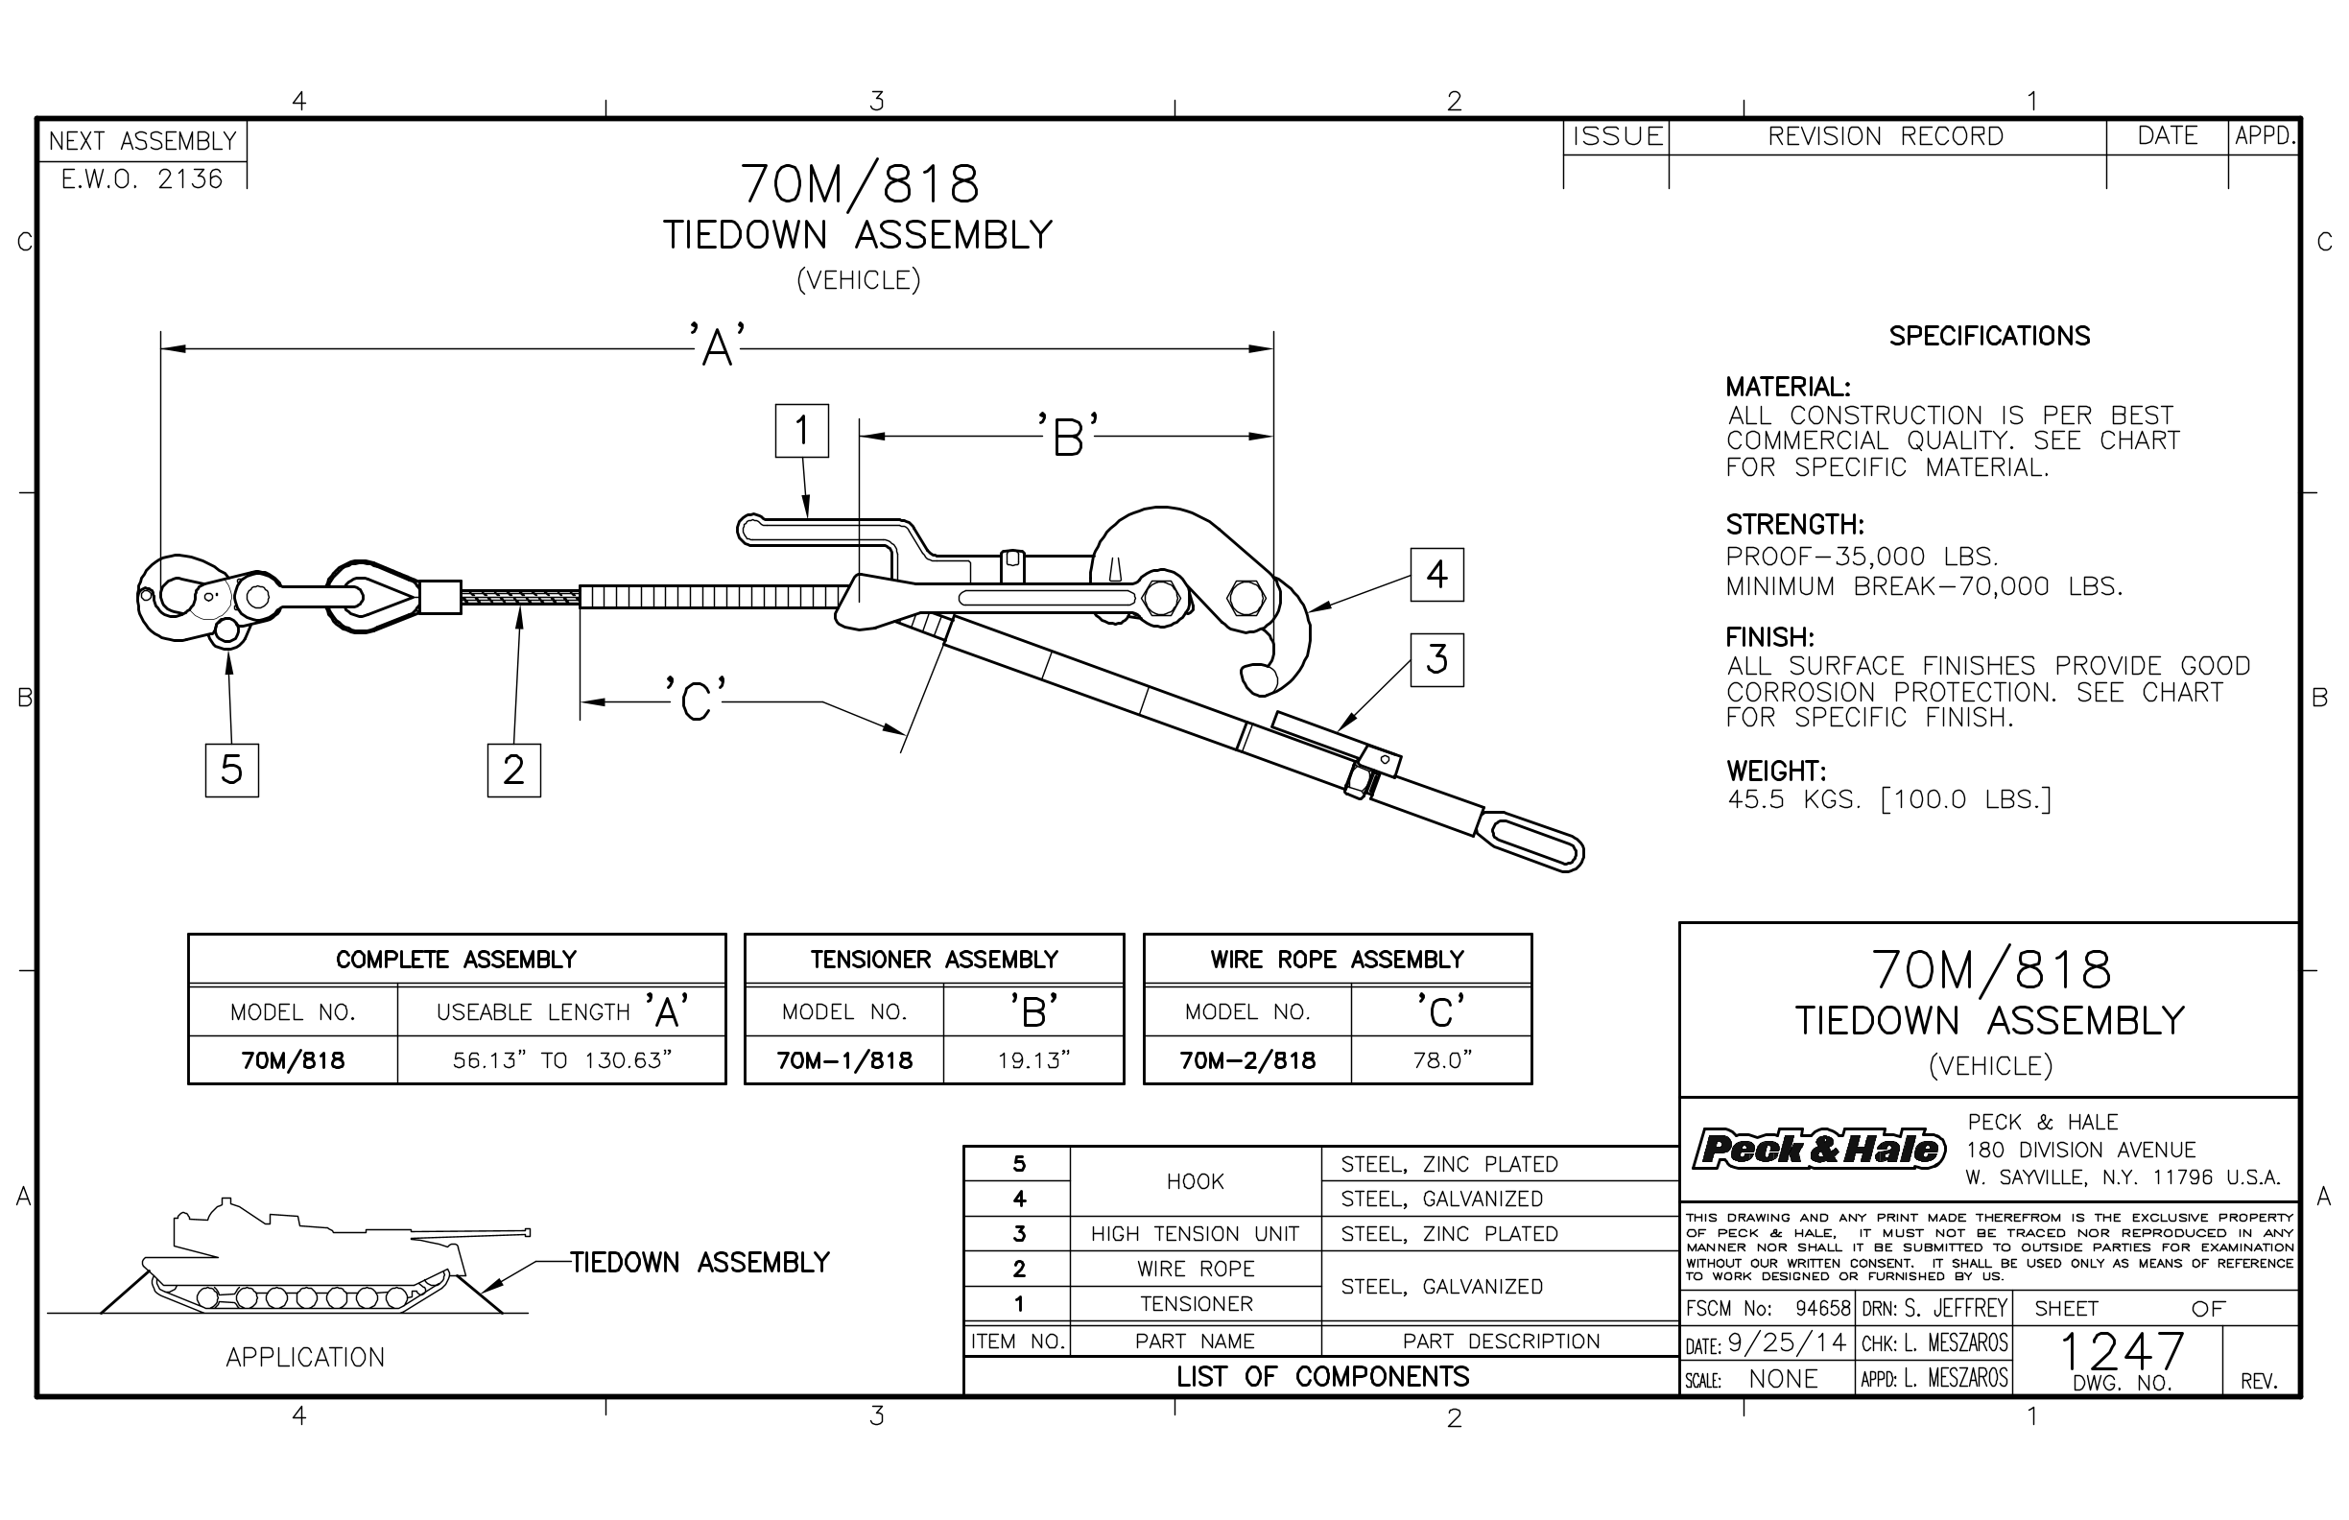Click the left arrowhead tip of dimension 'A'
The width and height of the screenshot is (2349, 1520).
pos(162,348)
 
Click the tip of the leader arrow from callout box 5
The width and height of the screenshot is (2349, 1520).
pos(228,653)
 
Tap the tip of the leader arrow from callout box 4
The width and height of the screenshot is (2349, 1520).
pos(1310,611)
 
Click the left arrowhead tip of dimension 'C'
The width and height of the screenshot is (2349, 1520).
pos(581,702)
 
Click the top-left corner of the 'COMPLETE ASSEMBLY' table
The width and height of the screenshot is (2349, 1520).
pos(188,934)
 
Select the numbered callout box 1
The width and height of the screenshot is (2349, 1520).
pos(801,430)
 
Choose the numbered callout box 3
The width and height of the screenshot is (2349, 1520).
pos(1437,659)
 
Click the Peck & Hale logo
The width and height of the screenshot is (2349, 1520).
pos(1820,1149)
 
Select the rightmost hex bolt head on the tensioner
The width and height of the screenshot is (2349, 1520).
pos(1246,597)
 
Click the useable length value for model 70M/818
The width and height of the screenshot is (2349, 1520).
pos(561,1061)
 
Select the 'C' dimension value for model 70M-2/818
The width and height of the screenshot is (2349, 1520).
pos(1441,1061)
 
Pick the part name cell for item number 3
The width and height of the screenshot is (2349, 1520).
pos(1196,1234)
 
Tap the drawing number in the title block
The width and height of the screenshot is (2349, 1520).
pos(2122,1351)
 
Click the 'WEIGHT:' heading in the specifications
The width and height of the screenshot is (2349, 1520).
pos(1775,771)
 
